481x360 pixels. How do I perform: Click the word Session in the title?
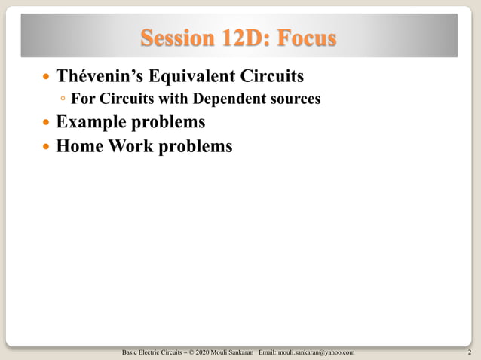[175, 37]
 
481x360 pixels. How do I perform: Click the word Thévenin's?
[106, 77]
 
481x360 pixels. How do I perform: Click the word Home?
[79, 145]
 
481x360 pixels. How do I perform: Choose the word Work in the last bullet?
[131, 145]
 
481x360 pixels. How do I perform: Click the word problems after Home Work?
[196, 145]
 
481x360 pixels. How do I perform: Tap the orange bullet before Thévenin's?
[47, 78]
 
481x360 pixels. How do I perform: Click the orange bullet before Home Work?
[47, 146]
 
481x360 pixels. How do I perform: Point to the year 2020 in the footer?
[202, 352]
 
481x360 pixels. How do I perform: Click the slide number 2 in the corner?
[469, 352]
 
